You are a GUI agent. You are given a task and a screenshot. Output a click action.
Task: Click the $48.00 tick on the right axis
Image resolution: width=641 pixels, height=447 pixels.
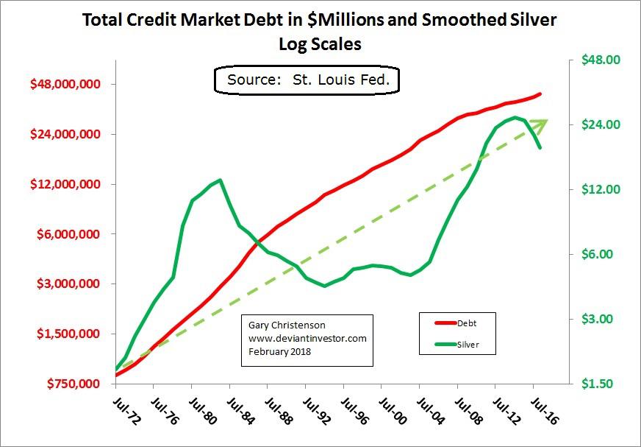point(601,60)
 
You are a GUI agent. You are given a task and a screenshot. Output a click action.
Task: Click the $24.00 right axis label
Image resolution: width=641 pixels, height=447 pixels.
point(601,124)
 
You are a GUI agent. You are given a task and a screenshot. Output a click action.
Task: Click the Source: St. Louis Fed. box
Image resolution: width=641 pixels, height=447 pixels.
point(307,80)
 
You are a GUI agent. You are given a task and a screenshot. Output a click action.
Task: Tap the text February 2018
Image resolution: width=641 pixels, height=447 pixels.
point(280,351)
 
